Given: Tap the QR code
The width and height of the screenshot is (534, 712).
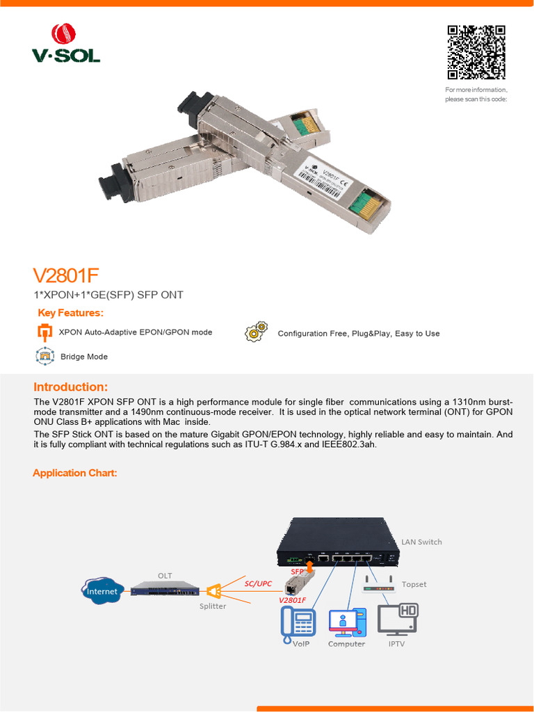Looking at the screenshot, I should tap(476, 53).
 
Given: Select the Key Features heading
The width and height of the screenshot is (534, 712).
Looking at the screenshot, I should tap(70, 313).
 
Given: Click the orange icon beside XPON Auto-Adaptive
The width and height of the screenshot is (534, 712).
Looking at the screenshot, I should tap(44, 332).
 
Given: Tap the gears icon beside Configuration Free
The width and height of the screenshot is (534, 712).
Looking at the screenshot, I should tap(256, 332).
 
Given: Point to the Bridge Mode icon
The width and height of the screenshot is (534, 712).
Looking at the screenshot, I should tap(44, 356).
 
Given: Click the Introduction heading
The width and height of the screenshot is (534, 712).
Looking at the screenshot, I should tap(70, 387).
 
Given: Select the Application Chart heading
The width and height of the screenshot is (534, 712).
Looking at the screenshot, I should tap(75, 474).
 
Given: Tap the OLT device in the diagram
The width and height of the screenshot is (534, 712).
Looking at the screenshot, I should tap(165, 589).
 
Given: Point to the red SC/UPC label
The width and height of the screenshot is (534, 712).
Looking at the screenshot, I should tap(258, 583).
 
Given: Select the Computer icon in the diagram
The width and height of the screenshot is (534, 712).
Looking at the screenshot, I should tap(346, 622).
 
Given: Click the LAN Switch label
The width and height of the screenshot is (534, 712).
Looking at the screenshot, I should tap(421, 542).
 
